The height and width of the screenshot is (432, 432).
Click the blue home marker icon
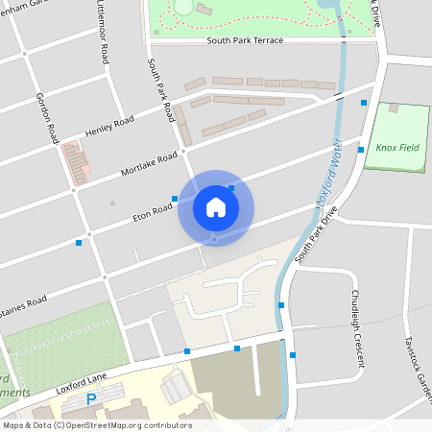click(x=215, y=207)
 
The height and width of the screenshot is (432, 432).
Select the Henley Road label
click(x=108, y=125)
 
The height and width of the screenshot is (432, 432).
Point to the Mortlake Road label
click(x=150, y=163)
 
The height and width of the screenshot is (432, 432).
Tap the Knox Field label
click(x=397, y=147)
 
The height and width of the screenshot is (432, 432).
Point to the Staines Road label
click(x=23, y=303)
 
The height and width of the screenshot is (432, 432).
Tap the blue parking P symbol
click(x=92, y=398)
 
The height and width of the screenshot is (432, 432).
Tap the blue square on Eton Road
click(x=175, y=199)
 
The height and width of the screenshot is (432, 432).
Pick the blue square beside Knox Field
click(x=361, y=150)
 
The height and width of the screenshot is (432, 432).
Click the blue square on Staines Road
click(x=79, y=243)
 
